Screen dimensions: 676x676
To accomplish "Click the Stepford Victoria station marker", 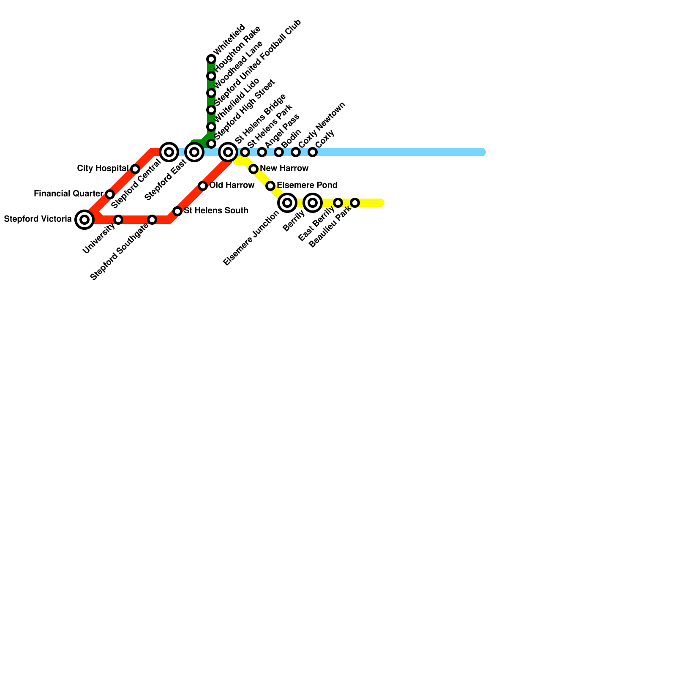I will [x=84, y=220].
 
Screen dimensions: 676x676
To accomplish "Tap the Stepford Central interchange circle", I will [x=169, y=152].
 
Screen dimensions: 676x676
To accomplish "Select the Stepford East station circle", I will [x=194, y=152].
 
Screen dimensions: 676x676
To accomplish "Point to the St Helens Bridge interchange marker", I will [x=228, y=152].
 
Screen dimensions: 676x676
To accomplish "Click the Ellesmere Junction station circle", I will [x=287, y=203].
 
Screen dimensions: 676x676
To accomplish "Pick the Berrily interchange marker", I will [x=313, y=203].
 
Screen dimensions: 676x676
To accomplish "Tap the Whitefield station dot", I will [x=211, y=59].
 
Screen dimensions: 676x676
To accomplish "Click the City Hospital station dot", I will [x=135, y=169].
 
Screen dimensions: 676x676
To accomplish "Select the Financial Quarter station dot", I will [x=110, y=194].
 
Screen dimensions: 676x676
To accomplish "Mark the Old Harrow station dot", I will [x=203, y=186].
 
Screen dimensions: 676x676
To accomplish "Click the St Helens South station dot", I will [x=177, y=211].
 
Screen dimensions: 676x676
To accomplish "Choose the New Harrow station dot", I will [x=253, y=169].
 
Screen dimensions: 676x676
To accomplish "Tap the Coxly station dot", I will [x=313, y=152].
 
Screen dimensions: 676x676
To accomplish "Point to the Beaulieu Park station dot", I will [x=355, y=203].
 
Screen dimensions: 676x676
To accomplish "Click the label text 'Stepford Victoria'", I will [x=38, y=219].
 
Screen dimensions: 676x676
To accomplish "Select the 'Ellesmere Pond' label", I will [x=307, y=185].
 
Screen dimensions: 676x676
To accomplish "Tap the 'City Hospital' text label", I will [x=103, y=169].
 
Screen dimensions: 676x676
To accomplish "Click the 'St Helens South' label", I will [x=216, y=211].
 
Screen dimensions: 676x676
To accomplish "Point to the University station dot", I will [x=118, y=220].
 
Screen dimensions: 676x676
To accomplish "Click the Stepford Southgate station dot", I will [x=152, y=220].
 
